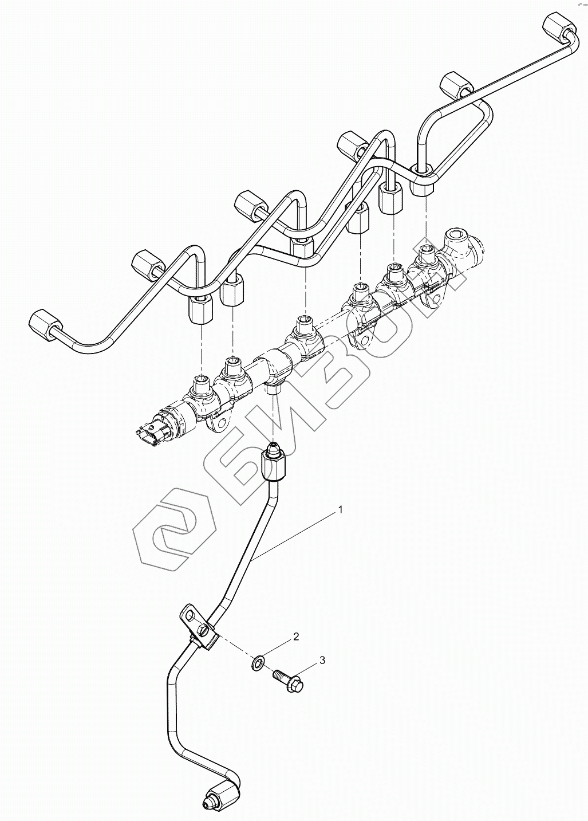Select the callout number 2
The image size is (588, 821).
(296, 637)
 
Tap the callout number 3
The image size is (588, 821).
(322, 660)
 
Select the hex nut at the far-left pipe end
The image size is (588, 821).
(42, 325)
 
